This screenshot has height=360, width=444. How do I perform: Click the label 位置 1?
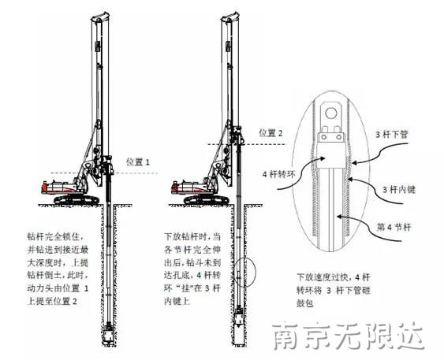[x=138, y=162]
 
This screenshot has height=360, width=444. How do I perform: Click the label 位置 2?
[x=271, y=132]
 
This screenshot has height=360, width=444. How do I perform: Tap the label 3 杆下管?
[x=392, y=134]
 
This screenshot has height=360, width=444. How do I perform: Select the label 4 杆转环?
[x=279, y=174]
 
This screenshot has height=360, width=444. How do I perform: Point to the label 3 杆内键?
[x=399, y=189]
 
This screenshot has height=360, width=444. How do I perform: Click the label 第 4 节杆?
[x=394, y=227]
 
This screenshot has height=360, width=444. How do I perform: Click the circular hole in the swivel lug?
[x=330, y=113]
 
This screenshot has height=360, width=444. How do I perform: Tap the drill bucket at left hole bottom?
[x=108, y=334]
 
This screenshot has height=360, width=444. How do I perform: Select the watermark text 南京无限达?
[x=349, y=336]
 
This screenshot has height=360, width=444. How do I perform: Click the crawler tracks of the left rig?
[x=76, y=199]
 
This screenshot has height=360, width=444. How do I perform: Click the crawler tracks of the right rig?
[x=207, y=199]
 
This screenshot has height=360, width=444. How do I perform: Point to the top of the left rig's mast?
[x=99, y=16]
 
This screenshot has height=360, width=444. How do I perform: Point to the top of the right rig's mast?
[x=229, y=16]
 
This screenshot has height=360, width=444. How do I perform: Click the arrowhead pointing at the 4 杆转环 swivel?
[x=323, y=158]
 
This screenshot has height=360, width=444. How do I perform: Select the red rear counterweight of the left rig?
[x=44, y=187]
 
